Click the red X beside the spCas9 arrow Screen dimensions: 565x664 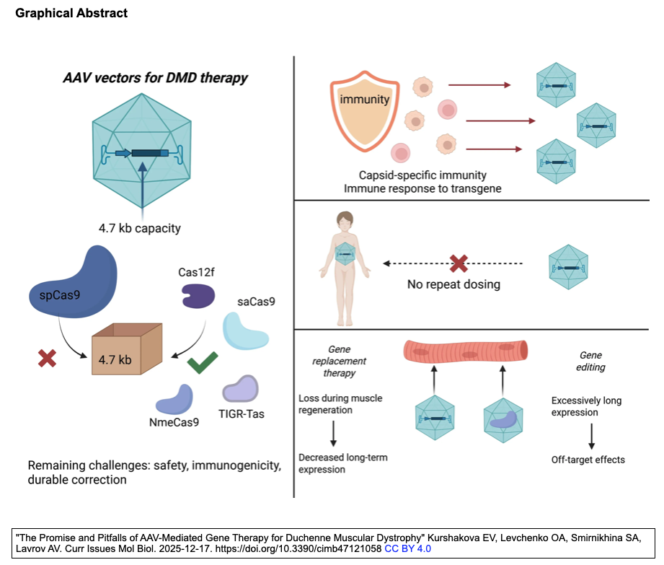[x=48, y=358]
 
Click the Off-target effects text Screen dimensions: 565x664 [x=588, y=459]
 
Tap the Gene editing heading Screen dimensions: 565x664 [x=591, y=362]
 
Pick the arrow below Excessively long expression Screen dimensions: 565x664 [x=591, y=436]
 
